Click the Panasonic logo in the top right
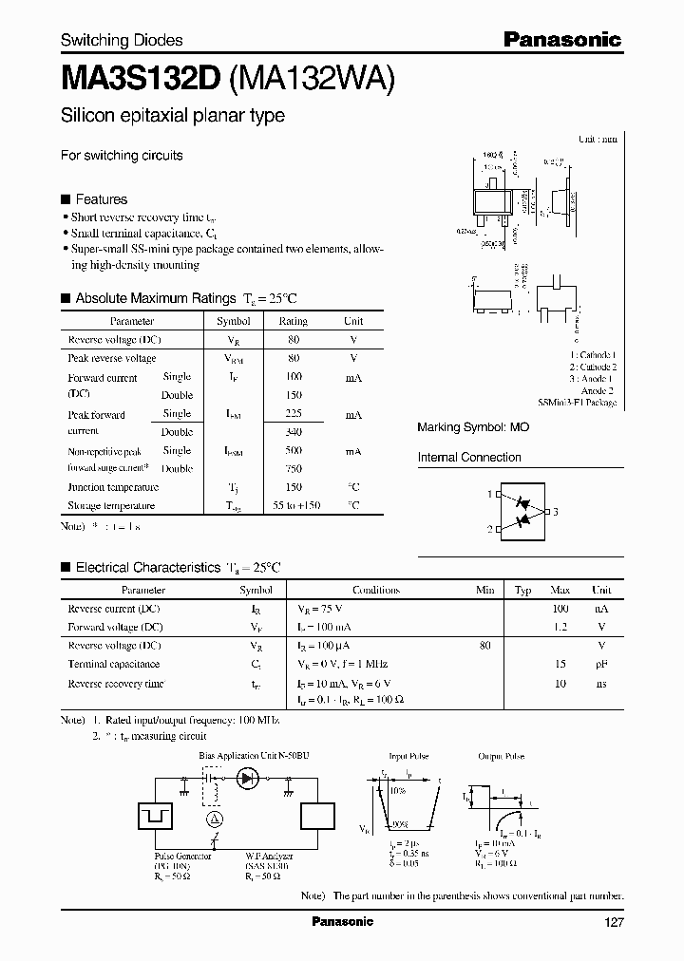click(561, 39)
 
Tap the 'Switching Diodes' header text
click(122, 40)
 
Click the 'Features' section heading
click(101, 199)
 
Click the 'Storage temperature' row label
click(110, 505)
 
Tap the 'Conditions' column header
click(375, 590)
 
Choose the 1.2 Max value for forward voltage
click(560, 627)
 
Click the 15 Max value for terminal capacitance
click(561, 664)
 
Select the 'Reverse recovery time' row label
click(115, 683)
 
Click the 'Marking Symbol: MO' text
click(473, 428)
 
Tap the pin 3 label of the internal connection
click(555, 512)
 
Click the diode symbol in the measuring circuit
click(248, 779)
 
